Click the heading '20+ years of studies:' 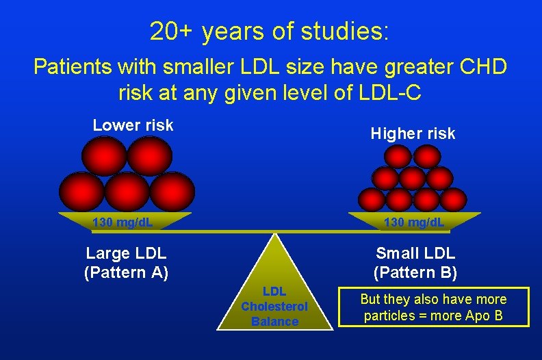(270, 31)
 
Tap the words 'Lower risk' (133, 125)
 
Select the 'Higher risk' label (413, 133)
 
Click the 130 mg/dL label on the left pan (122, 222)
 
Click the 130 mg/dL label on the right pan (413, 222)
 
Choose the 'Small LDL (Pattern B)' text (415, 263)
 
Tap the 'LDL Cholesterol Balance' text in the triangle (274, 307)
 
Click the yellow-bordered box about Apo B (433, 307)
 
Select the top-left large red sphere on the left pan (104, 155)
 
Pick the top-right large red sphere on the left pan (149, 155)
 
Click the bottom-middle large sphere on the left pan (127, 190)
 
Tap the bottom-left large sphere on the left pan (81, 190)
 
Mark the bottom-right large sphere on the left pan (172, 190)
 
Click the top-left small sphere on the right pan (398, 157)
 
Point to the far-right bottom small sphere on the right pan (453, 200)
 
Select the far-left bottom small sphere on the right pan (372, 200)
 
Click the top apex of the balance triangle (275, 235)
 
